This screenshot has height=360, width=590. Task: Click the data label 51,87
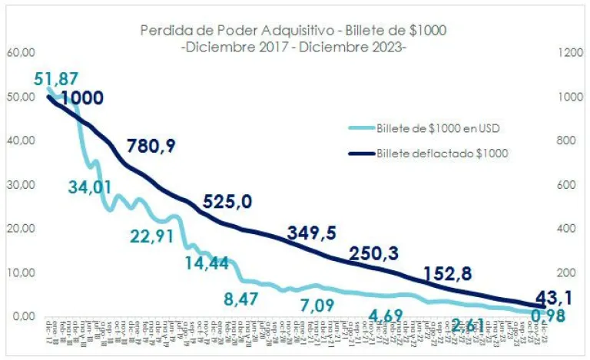coord(56,78)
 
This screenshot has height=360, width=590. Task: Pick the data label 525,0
coord(228,201)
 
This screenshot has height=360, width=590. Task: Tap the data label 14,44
coord(207,263)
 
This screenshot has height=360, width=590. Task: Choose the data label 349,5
coord(311,232)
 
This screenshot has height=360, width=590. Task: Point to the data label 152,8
coord(446,274)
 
